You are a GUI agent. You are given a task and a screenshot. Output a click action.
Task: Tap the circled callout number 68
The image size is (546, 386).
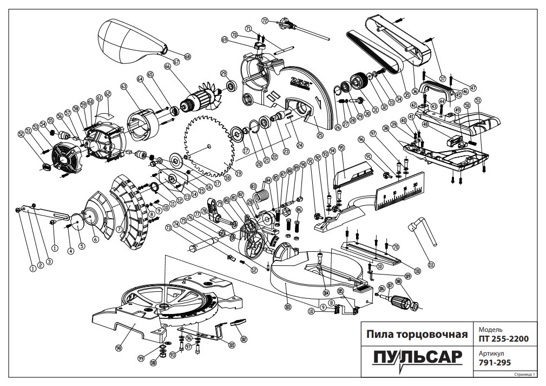[x=187, y=56]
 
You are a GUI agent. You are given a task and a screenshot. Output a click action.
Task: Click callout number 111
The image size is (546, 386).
[x=431, y=265]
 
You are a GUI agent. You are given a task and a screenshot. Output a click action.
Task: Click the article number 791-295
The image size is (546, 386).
[x=495, y=364]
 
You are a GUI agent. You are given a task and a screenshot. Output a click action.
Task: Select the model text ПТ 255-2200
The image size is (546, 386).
[x=503, y=339]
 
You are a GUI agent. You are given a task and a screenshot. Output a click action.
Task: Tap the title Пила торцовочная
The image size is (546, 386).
[x=417, y=334]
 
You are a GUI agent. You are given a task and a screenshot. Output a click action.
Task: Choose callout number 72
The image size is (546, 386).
[x=265, y=21]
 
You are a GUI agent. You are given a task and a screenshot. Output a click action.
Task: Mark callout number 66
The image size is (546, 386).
[x=167, y=67]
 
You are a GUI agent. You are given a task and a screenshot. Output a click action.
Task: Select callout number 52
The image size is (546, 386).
[x=21, y=133]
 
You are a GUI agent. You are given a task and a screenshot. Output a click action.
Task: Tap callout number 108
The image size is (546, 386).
[x=398, y=281]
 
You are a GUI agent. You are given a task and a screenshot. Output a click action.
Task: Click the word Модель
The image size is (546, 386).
[x=490, y=329]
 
